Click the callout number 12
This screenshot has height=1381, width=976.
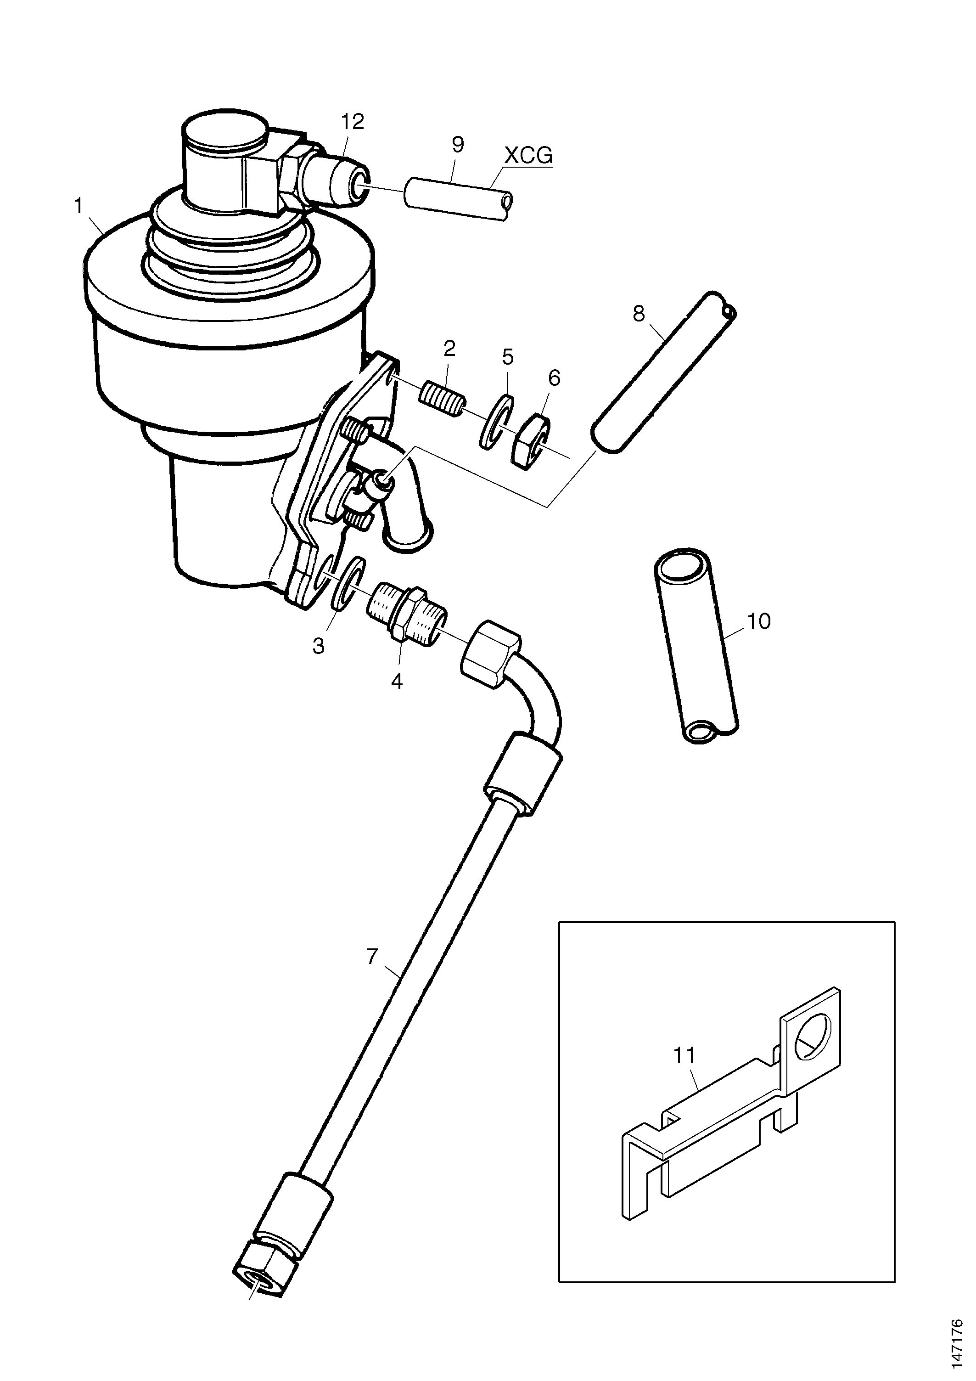tap(353, 122)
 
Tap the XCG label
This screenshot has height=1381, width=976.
tap(527, 156)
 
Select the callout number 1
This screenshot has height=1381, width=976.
tap(78, 206)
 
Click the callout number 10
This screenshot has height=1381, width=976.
tap(759, 621)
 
